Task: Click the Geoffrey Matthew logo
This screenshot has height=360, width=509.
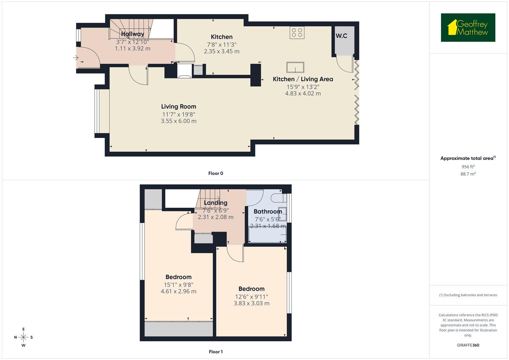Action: (x=468, y=28)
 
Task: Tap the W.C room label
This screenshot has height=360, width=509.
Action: (x=341, y=36)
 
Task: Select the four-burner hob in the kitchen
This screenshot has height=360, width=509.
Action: (x=297, y=32)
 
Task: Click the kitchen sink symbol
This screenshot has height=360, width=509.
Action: (x=295, y=67)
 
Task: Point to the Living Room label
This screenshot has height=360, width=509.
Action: (x=178, y=107)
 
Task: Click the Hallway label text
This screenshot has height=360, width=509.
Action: (x=132, y=34)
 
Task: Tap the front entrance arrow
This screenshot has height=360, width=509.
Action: (x=76, y=58)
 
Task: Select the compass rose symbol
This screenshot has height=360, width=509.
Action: (x=23, y=337)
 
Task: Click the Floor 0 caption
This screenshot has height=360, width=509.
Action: (x=216, y=173)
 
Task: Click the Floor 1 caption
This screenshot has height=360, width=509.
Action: (x=216, y=352)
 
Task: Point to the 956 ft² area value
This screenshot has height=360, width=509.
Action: (x=468, y=167)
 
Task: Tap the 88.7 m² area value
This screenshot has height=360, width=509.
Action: (x=468, y=174)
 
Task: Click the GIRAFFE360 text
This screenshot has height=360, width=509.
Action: (x=468, y=345)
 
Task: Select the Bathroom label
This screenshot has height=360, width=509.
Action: (x=268, y=211)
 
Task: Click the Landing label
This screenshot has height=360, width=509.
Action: (x=215, y=203)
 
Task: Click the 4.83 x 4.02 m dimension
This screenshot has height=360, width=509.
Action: (x=303, y=94)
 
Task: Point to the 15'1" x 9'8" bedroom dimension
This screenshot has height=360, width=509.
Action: (x=178, y=285)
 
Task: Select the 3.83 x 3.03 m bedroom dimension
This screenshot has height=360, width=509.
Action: (x=251, y=303)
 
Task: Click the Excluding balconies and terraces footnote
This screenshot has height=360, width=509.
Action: (x=468, y=295)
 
